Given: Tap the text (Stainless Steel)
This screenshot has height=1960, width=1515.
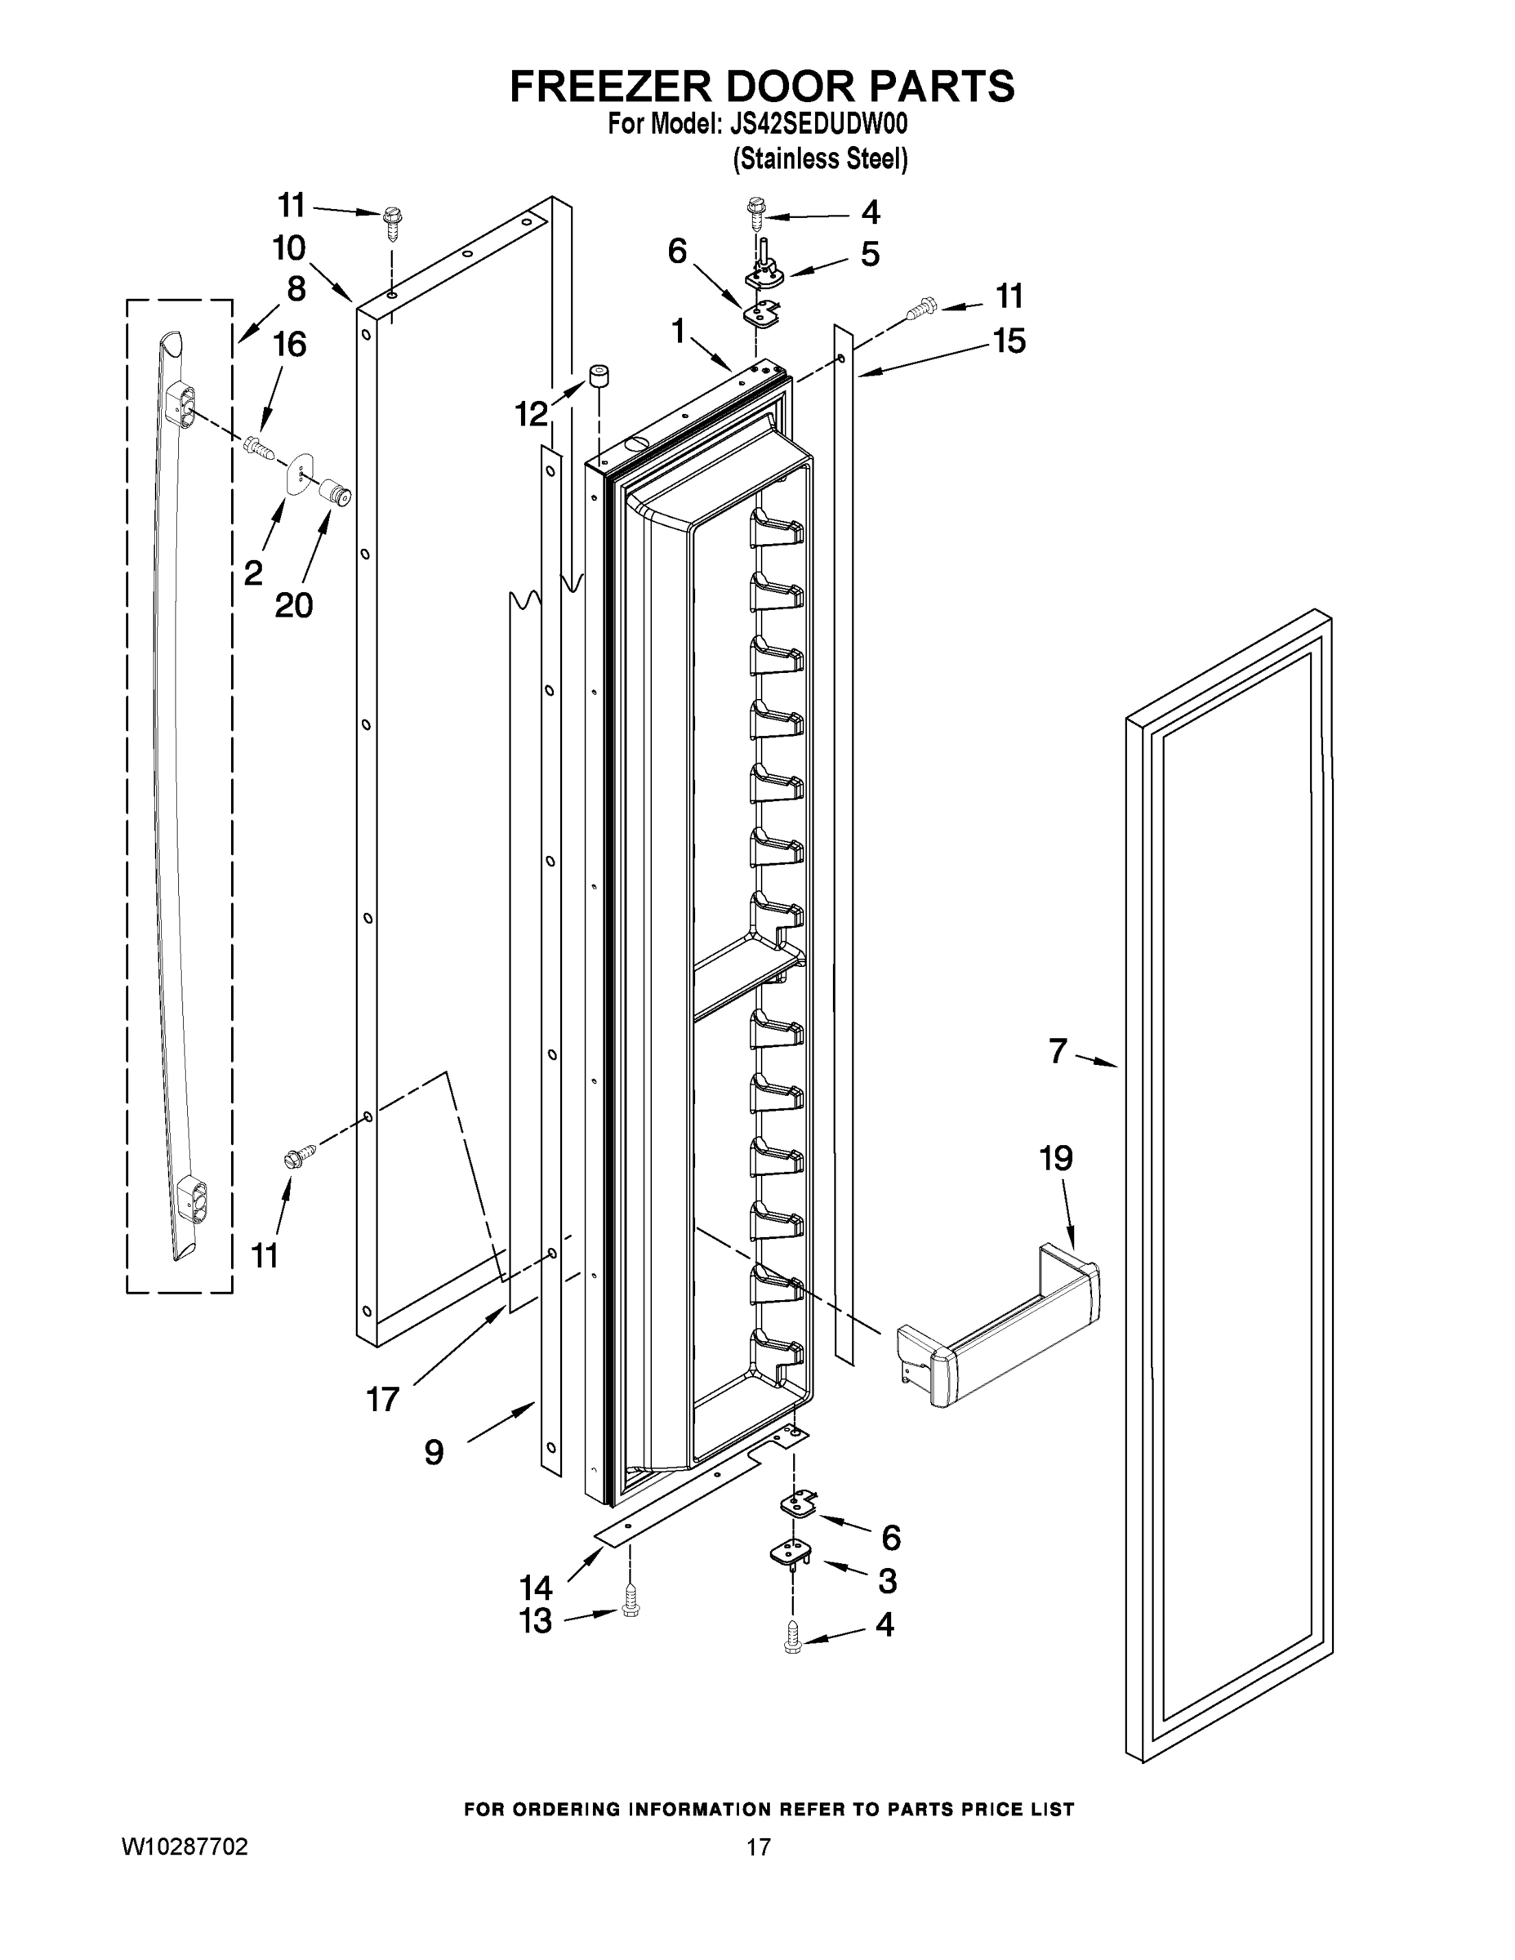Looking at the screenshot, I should pyautogui.click(x=820, y=159).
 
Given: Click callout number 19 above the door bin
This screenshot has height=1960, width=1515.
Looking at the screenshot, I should pyautogui.click(x=1056, y=1159).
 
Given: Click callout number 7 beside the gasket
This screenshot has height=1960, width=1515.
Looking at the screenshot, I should pyautogui.click(x=1058, y=1051).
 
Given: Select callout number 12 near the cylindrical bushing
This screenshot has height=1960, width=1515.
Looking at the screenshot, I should pyautogui.click(x=532, y=414).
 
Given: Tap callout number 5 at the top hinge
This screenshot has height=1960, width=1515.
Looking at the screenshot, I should pyautogui.click(x=870, y=254).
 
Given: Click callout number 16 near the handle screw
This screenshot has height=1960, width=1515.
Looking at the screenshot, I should pyautogui.click(x=289, y=344).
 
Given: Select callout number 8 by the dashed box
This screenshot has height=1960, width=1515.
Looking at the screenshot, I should pyautogui.click(x=296, y=289).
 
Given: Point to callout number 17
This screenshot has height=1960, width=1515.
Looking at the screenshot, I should pyautogui.click(x=382, y=1398).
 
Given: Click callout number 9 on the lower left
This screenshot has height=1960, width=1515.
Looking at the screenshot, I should pyautogui.click(x=434, y=1452).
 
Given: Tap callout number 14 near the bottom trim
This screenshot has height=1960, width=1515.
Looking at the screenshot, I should pyautogui.click(x=536, y=1588).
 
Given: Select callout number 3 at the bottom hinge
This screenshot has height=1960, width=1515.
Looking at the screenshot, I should pyautogui.click(x=887, y=1581).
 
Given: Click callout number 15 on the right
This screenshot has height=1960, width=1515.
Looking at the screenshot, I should pyautogui.click(x=1009, y=341).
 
